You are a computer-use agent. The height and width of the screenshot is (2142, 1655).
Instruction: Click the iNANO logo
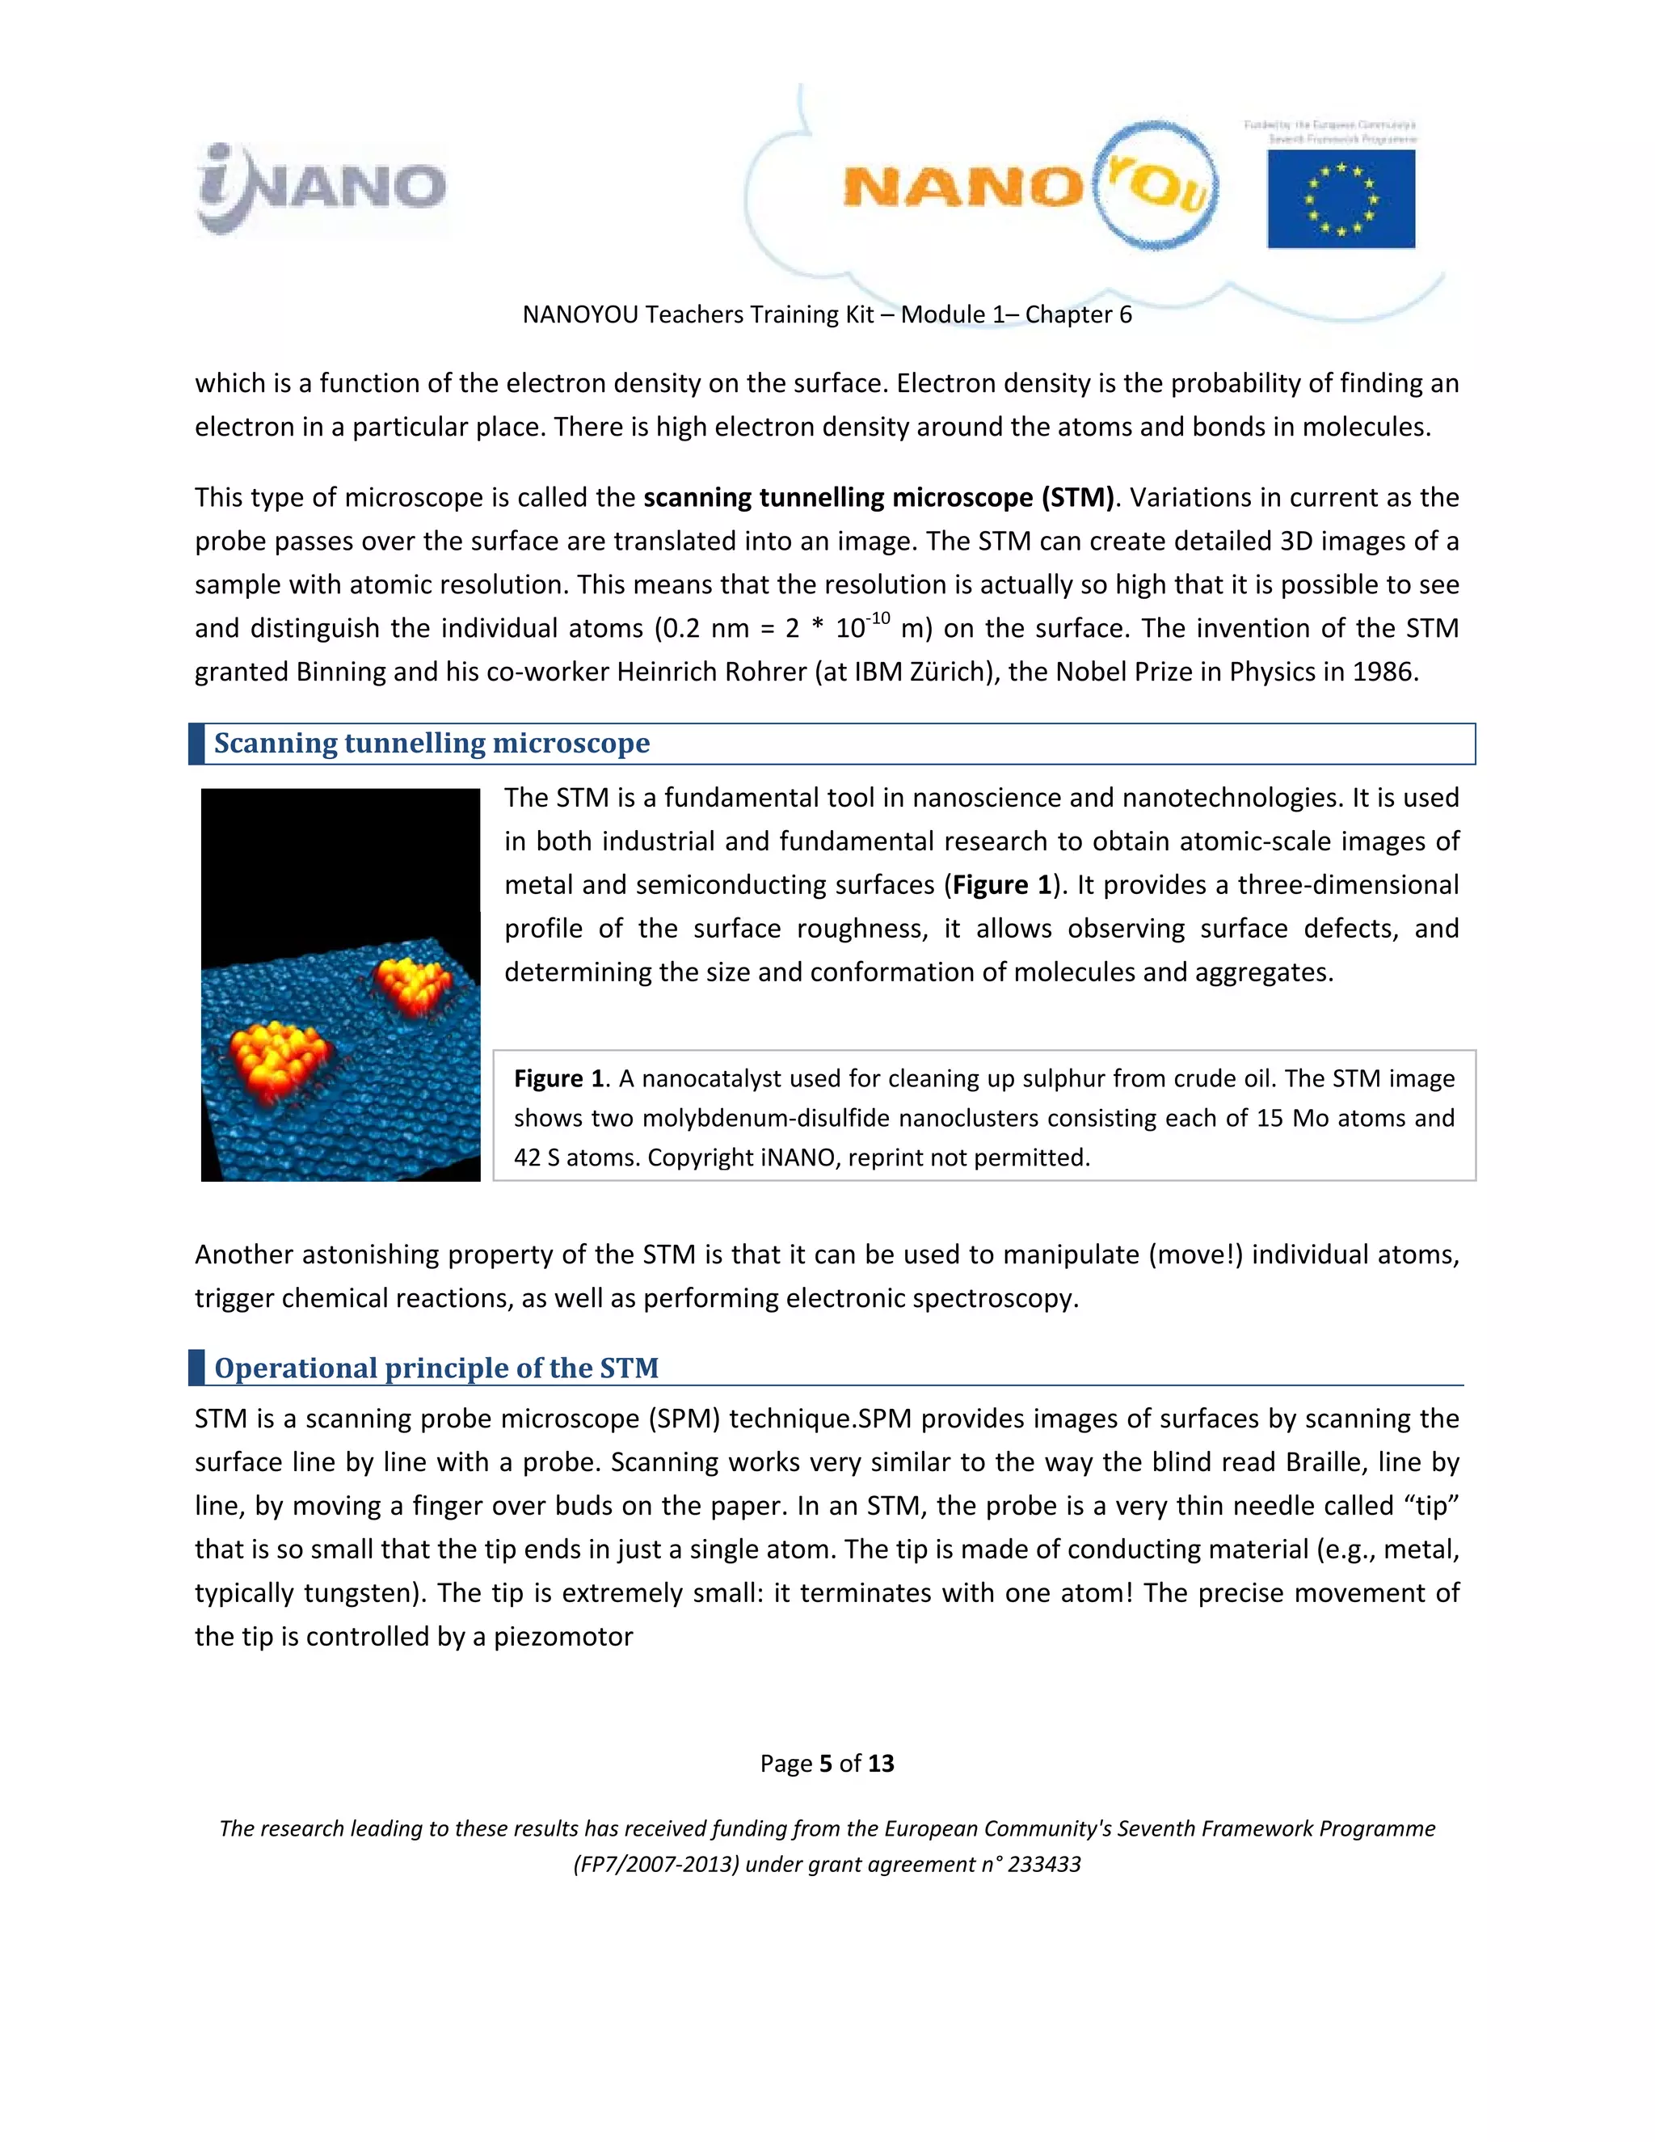(322, 188)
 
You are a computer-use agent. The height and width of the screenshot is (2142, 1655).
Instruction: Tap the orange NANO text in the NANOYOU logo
(961, 187)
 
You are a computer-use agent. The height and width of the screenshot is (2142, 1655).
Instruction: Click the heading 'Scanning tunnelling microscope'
(432, 744)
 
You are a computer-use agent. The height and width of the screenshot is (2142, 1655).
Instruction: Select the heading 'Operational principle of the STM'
(436, 1368)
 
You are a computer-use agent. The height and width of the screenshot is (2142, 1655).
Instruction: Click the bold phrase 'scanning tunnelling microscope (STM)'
(878, 497)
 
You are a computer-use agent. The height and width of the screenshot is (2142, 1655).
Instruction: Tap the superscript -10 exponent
(878, 618)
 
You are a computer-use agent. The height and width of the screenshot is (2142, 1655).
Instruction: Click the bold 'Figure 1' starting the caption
(559, 1079)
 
